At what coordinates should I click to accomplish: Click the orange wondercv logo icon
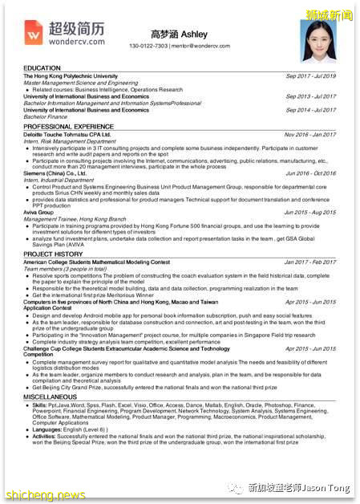tap(34, 32)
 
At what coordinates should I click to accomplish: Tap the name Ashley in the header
tap(194, 35)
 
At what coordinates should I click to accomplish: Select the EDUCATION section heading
tap(42, 68)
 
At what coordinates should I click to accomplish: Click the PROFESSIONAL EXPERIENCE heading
tap(68, 127)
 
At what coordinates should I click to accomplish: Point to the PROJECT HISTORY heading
tap(54, 254)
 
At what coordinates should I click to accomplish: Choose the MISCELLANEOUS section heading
tap(51, 396)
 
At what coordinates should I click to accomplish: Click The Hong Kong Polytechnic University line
tap(71, 76)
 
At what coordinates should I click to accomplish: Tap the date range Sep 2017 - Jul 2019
tap(310, 76)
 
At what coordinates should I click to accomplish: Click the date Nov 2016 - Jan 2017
tap(310, 135)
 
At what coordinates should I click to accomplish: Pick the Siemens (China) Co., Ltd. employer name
tap(55, 173)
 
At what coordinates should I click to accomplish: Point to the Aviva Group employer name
tap(41, 212)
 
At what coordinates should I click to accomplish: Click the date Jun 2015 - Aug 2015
tap(310, 212)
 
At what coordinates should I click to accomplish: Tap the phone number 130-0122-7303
tap(148, 46)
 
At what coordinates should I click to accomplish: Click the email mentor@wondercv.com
tap(200, 46)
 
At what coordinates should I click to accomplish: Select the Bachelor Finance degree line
tap(47, 116)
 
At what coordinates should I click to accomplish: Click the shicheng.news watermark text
tap(45, 494)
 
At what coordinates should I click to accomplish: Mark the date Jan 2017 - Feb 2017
tap(310, 262)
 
